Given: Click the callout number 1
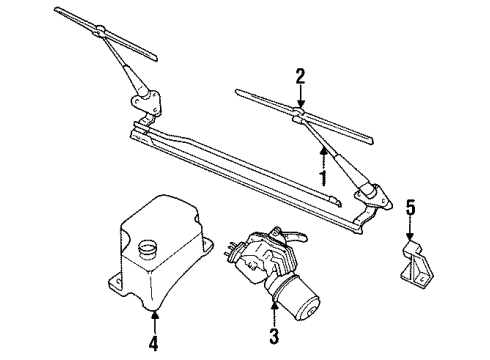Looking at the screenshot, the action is [322, 177].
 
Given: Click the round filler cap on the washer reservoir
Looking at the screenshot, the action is [151, 246].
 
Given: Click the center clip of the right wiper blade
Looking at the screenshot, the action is [298, 116].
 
